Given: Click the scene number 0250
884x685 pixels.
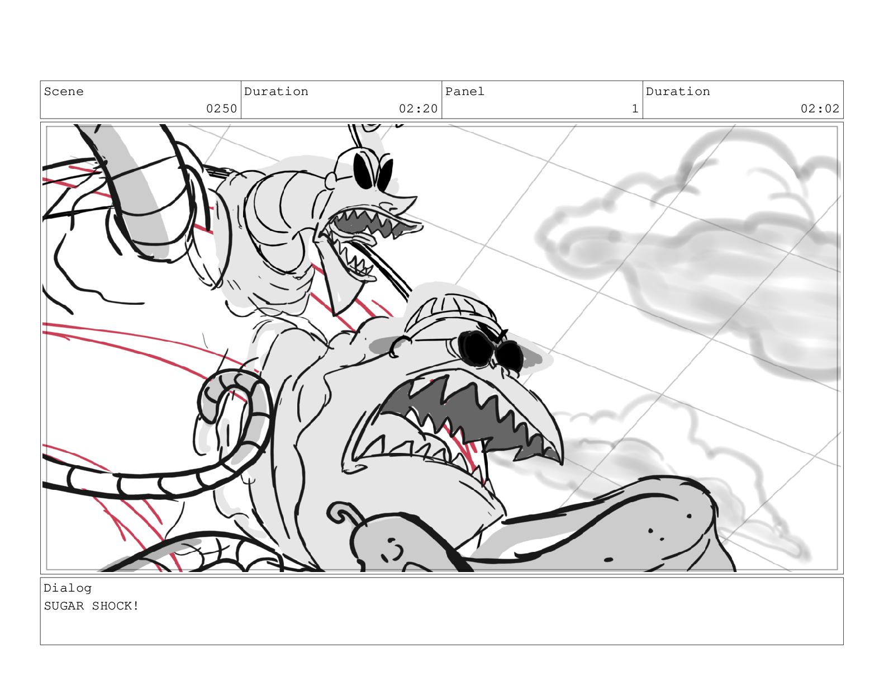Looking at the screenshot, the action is pos(221,108).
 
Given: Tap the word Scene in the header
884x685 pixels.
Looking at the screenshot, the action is pos(64,92).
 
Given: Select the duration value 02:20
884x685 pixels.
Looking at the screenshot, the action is pos(418,108).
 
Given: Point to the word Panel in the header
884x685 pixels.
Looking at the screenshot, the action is pos(464,92).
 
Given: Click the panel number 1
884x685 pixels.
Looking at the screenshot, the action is pos(635,108).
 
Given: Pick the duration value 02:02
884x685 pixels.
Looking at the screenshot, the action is pos(820,108).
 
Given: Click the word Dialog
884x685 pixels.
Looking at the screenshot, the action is pos(68,588).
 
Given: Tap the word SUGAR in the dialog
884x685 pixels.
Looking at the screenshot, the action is pos(64,606).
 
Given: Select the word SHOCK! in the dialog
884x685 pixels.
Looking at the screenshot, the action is pos(116,606).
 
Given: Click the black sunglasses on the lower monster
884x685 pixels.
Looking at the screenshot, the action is pos(490,349).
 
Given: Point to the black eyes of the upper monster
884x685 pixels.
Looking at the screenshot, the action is pos(373,171).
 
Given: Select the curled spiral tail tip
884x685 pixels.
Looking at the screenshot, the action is pos(228,397).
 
